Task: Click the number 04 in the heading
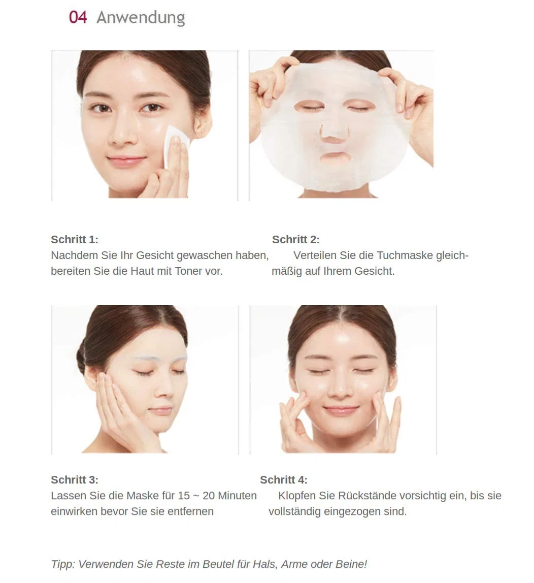(x=78, y=17)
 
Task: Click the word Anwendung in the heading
(x=141, y=18)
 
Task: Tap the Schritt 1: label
(x=75, y=240)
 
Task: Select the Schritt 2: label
(x=296, y=240)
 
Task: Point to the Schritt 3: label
(x=75, y=479)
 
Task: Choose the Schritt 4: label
(x=284, y=479)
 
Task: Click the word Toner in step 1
(x=188, y=271)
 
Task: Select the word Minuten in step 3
(x=237, y=496)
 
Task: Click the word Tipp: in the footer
(x=63, y=564)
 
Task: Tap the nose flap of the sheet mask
(x=334, y=129)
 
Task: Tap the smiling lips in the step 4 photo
(x=341, y=410)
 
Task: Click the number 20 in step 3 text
(x=209, y=496)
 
